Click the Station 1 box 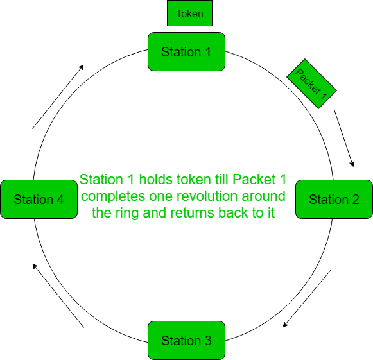(x=186, y=51)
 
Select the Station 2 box (x=334, y=200)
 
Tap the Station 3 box (x=186, y=340)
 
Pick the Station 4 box (x=39, y=200)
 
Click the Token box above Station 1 (x=189, y=13)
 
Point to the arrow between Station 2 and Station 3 (x=307, y=298)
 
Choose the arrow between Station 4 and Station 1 (x=58, y=96)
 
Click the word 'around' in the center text (x=248, y=196)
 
